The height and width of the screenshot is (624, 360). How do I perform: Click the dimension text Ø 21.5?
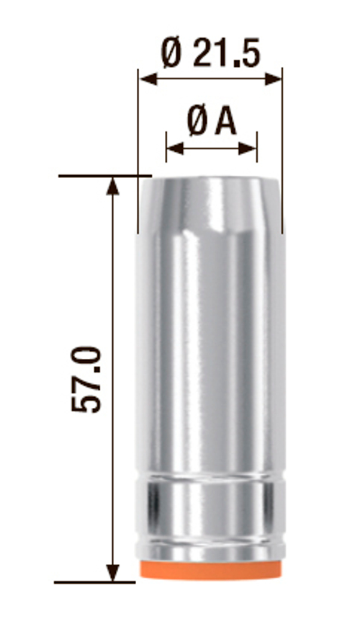[x=211, y=53]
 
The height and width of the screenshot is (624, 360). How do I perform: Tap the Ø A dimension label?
[x=212, y=122]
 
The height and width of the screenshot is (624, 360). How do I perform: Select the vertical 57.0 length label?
[x=86, y=379]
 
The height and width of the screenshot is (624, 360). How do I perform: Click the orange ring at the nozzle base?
[x=210, y=570]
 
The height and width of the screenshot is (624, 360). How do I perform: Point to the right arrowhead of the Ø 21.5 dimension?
[x=274, y=79]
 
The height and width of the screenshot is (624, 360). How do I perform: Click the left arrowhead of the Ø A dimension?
[x=175, y=148]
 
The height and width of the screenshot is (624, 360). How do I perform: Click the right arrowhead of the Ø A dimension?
[x=248, y=148]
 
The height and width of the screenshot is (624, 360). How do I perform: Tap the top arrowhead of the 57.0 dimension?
[x=113, y=186]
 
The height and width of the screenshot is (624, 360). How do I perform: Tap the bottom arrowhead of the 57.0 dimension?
[x=113, y=573]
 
